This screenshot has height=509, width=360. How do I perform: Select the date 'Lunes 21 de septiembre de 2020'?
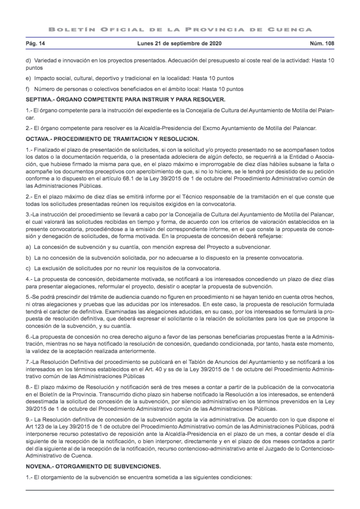(x=180, y=44)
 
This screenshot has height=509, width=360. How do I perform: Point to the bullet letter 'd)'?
(x=29, y=60)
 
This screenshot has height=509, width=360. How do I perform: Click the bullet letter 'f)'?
(x=29, y=89)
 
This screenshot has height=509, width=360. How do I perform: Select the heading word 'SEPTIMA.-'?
(x=41, y=99)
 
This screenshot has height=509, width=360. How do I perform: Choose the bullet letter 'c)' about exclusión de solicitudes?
(x=29, y=268)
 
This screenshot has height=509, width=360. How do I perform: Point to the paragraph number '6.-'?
(x=31, y=337)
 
